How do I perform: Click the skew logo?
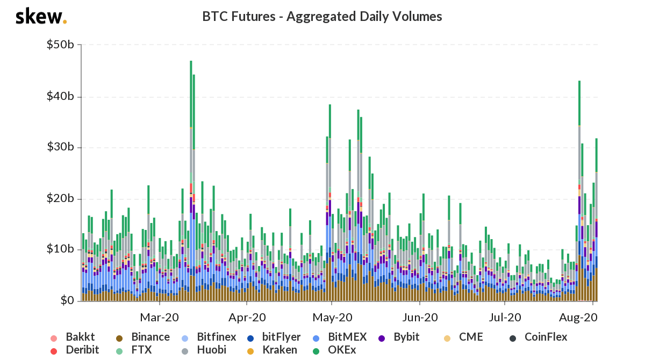[x=41, y=17]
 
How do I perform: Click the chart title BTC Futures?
[x=322, y=17]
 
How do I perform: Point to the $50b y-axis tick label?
[x=60, y=45]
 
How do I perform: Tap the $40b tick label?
[x=60, y=97]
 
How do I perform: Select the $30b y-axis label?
[x=60, y=148]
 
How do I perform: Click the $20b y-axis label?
[x=60, y=199]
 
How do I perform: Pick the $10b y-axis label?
[x=60, y=250]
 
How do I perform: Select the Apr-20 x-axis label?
[x=247, y=317]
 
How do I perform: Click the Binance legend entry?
[x=143, y=337]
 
